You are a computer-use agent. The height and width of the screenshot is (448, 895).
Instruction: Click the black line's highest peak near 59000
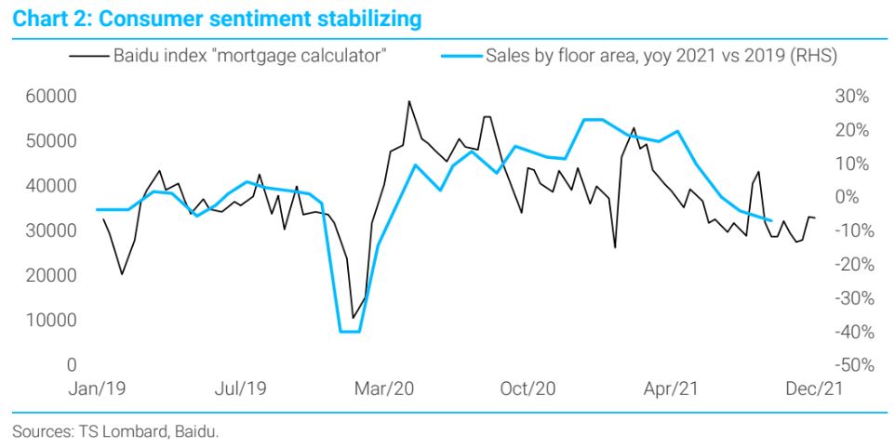pos(408,101)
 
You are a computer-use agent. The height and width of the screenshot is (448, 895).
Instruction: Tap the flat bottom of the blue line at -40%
pos(349,332)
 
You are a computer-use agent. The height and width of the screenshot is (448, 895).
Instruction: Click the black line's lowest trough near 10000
pos(353,319)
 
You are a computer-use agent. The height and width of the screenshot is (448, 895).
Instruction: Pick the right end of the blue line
pos(770,220)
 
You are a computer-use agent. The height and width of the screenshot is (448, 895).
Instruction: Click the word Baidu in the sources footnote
pos(199,431)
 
